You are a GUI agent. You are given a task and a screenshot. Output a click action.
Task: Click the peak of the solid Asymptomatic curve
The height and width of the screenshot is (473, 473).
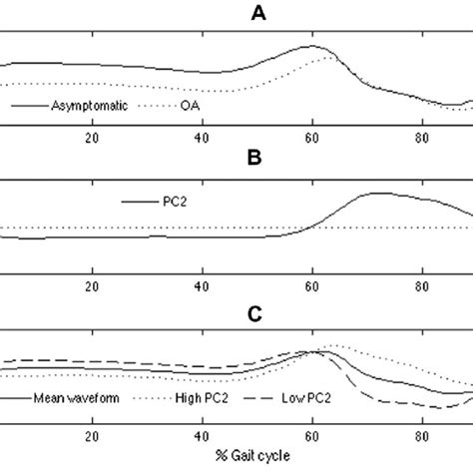click(315, 46)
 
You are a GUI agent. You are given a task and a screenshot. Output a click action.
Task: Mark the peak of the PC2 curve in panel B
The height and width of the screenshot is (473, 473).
click(375, 193)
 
